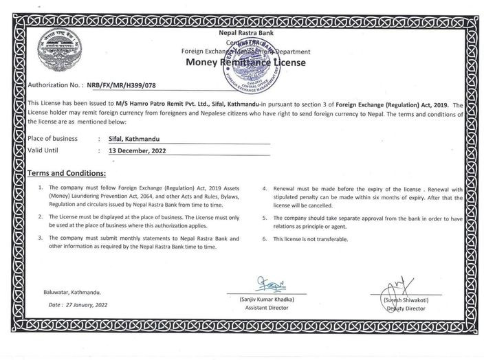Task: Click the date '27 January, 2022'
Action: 86,302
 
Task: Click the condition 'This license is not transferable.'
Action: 311,239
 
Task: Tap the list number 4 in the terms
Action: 265,188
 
